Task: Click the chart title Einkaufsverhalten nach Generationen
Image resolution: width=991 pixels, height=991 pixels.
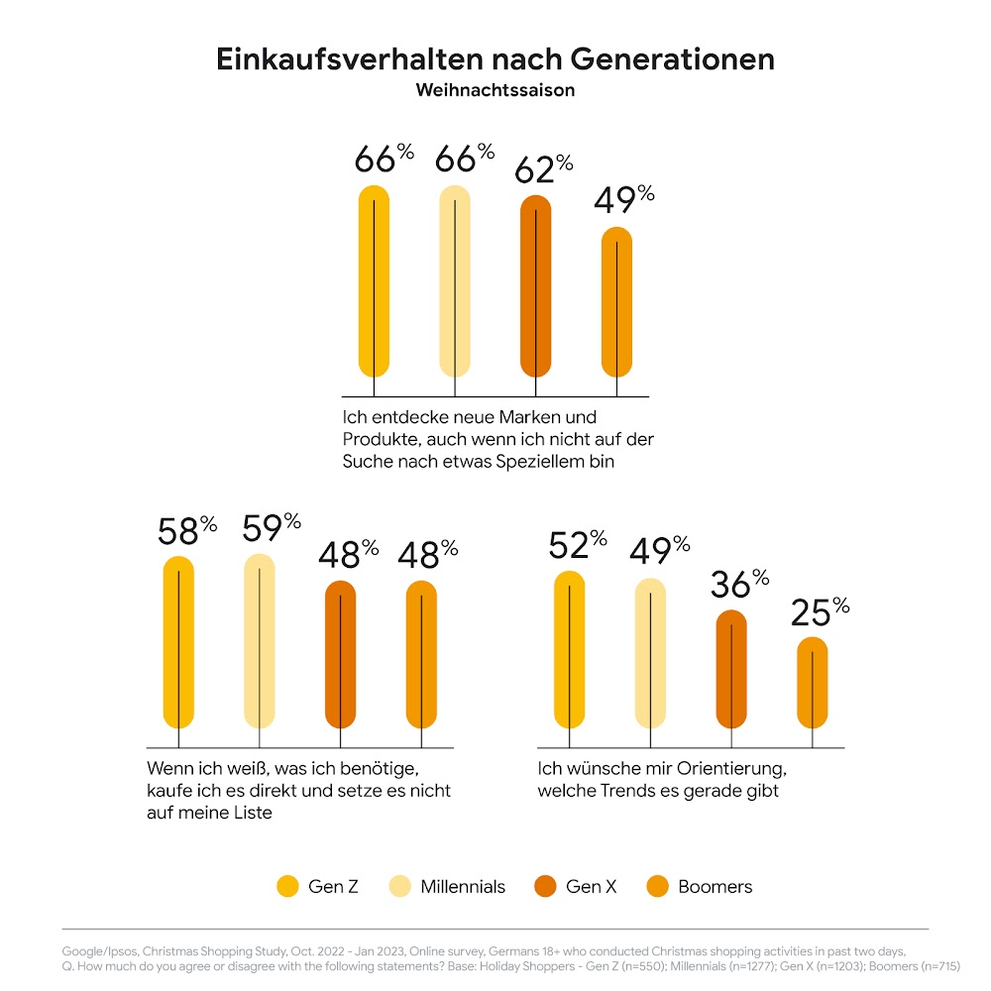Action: click(x=495, y=59)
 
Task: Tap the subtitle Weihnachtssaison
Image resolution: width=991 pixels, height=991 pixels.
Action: click(x=495, y=90)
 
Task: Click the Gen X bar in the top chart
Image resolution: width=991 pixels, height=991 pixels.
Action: click(x=536, y=287)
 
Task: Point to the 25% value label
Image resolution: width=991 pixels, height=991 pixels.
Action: click(x=820, y=613)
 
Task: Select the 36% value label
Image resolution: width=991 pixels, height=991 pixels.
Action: click(x=739, y=586)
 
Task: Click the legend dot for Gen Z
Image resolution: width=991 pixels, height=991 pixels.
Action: click(x=287, y=886)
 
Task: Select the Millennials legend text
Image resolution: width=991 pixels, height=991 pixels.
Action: click(x=463, y=886)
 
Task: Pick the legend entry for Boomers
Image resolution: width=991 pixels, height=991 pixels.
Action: click(x=714, y=886)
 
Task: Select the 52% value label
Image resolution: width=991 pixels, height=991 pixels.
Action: click(x=577, y=544)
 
